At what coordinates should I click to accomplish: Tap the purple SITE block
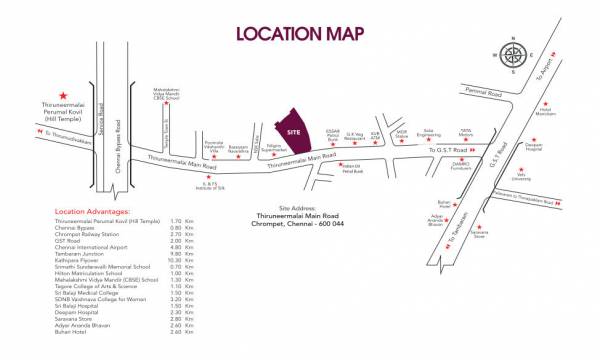coord(292,133)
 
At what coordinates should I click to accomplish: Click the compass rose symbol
coord(514,53)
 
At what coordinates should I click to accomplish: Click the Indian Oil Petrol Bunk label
coord(351,169)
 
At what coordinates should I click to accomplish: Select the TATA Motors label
coord(465,131)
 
